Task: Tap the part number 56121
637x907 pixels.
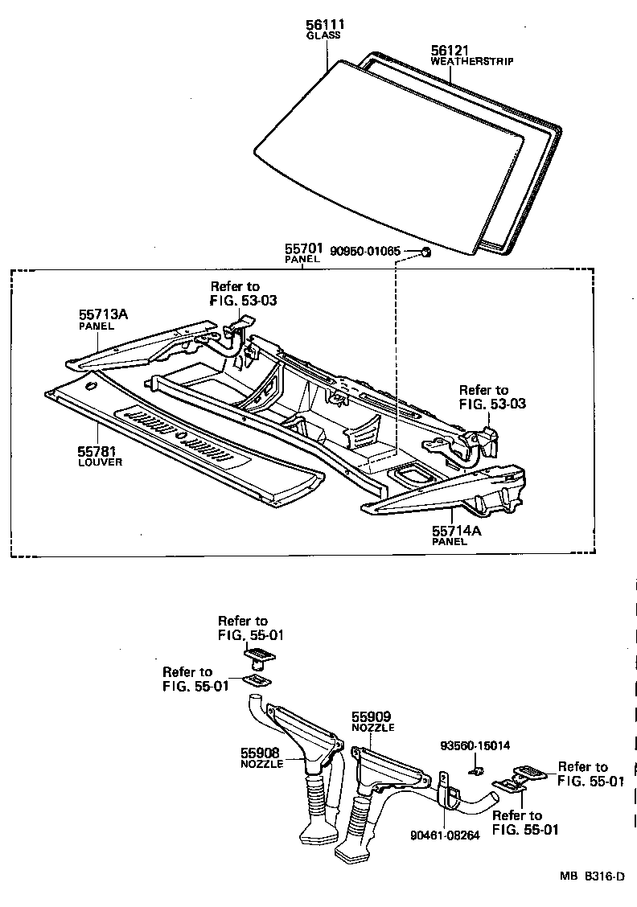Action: pyautogui.click(x=449, y=50)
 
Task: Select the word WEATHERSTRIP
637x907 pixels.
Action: pyautogui.click(x=471, y=61)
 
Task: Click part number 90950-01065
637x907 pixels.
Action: pyautogui.click(x=365, y=252)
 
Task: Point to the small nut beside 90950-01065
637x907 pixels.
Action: pyautogui.click(x=426, y=253)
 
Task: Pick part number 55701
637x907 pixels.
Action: pyautogui.click(x=302, y=248)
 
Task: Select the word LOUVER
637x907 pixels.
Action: pyautogui.click(x=100, y=464)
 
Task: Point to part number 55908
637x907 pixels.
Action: pyautogui.click(x=260, y=753)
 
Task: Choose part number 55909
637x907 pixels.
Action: pyautogui.click(x=371, y=716)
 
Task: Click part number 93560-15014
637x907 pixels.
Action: pyautogui.click(x=475, y=746)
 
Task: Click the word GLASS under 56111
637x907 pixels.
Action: pyautogui.click(x=323, y=36)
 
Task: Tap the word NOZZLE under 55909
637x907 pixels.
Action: pyautogui.click(x=372, y=727)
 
